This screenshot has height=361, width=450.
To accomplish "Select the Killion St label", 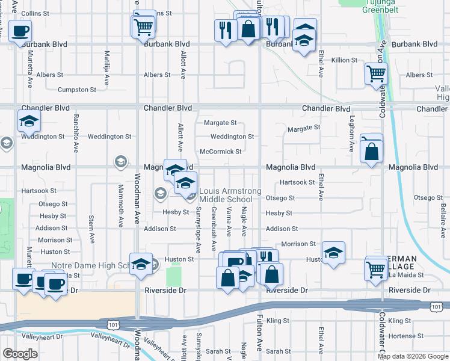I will tap(344, 60).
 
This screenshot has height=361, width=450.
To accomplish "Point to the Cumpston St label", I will tap(76, 90).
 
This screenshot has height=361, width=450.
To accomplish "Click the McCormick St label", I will tap(220, 152).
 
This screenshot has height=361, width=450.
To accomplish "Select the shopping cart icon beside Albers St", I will tap(376, 74).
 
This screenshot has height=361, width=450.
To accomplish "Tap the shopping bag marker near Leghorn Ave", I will tap(372, 152).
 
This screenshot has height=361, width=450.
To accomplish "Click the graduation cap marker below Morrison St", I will tap(333, 253).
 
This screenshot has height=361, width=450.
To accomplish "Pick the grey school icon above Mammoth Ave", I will tap(120, 161).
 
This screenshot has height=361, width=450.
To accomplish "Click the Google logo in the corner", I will tap(20, 354).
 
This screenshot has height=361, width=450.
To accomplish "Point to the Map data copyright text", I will tap(412, 356).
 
